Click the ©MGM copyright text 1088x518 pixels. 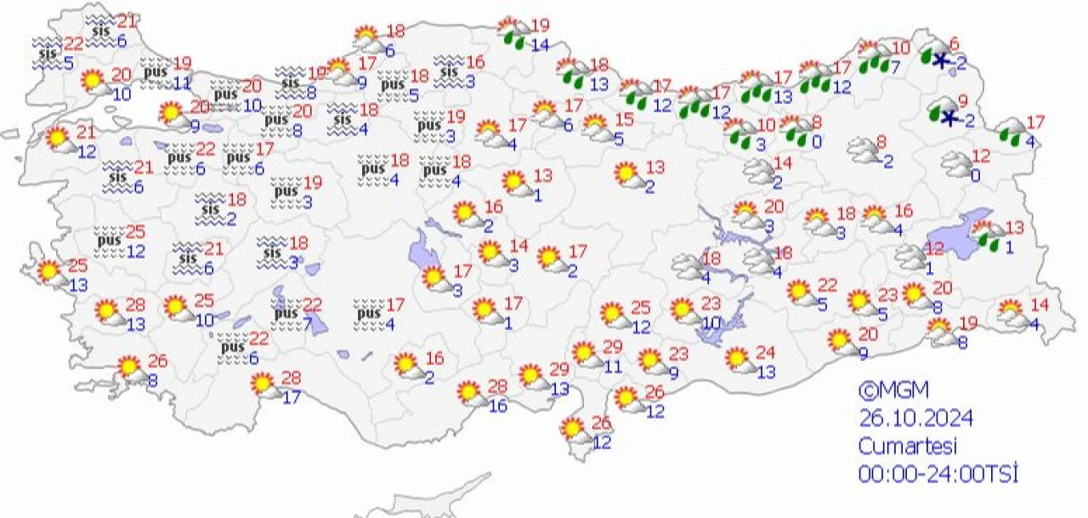coord(893,391)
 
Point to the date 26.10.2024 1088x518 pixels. coord(915,418)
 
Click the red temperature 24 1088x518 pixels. coord(766,351)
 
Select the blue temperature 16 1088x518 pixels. coord(498,407)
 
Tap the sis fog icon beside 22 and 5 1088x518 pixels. coord(47,52)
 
